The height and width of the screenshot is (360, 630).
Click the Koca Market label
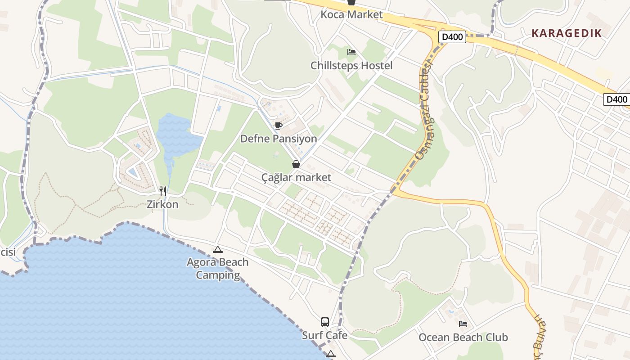(351, 14)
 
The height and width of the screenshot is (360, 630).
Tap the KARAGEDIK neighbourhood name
(567, 33)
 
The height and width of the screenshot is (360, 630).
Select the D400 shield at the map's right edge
(616, 99)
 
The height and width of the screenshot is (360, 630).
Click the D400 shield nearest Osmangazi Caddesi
(452, 37)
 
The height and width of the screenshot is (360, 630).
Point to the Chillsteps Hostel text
(351, 66)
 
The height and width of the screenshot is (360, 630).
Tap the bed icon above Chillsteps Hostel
(351, 52)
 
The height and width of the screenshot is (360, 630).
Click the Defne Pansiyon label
(279, 139)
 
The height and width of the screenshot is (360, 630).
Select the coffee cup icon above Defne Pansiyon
(279, 126)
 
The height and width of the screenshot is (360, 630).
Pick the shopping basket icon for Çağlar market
(296, 164)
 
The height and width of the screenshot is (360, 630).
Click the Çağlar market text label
(296, 177)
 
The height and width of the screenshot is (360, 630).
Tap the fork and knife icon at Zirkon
(163, 191)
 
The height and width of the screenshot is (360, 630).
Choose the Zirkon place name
(162, 204)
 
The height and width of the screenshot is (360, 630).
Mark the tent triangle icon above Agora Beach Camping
(218, 249)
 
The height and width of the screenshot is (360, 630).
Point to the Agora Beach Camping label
(218, 269)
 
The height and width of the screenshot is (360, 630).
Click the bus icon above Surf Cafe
(325, 322)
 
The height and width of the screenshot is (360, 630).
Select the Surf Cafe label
(324, 335)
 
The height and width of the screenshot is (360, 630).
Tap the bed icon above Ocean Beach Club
(463, 324)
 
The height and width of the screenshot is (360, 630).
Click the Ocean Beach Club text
(463, 337)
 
